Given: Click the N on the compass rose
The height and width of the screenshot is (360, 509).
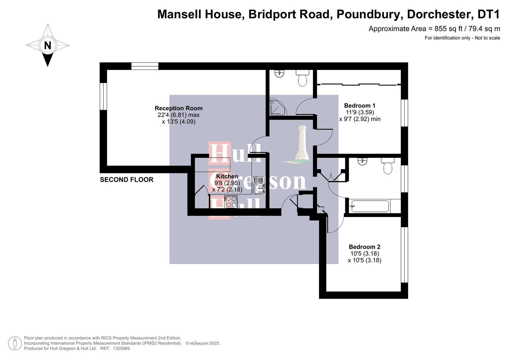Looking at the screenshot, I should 48,45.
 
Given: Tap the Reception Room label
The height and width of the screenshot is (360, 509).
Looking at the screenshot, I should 178,108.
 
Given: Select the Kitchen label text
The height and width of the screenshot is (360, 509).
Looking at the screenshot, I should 227,176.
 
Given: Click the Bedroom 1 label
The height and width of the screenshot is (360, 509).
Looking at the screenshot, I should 360,106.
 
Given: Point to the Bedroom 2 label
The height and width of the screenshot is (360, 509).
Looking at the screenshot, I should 364,247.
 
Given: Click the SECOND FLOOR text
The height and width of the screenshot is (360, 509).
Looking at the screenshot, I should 127,180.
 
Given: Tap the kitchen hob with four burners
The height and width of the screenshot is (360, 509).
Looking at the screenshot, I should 231,202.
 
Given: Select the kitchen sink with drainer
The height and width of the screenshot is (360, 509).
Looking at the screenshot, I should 259,185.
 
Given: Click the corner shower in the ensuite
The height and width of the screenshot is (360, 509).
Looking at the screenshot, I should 277,107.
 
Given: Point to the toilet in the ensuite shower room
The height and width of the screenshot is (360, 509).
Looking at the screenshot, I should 302,78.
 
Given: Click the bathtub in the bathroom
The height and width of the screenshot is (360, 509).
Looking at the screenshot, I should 369,206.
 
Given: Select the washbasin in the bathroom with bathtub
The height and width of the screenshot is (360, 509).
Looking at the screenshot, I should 362,162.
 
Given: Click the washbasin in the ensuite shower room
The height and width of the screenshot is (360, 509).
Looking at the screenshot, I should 279,74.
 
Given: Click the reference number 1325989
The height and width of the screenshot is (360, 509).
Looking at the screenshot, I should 121,349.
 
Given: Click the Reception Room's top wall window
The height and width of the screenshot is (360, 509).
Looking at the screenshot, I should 145,66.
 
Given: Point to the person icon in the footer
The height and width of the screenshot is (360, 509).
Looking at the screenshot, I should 15,343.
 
